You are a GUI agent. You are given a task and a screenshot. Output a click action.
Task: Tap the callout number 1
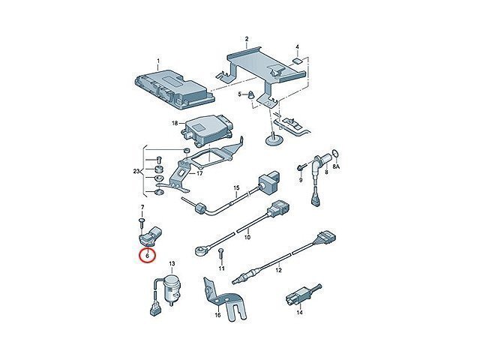[x=158, y=61]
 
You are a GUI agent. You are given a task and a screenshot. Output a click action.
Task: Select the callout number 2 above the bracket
[x=247, y=39]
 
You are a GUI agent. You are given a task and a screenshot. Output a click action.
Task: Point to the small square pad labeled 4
[x=297, y=60]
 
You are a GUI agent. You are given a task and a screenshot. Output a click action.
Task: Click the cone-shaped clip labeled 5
[x=251, y=94]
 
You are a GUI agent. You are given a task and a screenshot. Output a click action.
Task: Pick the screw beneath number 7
[x=142, y=223]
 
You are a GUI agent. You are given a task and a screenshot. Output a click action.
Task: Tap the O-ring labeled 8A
[x=335, y=154]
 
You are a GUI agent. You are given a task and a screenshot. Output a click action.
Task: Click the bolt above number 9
[x=301, y=167]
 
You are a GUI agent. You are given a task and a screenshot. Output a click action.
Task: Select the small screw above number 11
[x=221, y=255]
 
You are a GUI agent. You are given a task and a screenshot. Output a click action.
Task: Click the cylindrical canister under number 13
[x=172, y=288]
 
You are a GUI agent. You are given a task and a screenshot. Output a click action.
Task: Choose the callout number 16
[x=217, y=315]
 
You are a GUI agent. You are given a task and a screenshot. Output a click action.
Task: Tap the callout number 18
[x=175, y=123]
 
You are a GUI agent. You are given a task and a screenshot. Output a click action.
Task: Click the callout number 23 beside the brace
[x=136, y=172]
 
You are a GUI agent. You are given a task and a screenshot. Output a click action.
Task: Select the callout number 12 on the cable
[x=278, y=270]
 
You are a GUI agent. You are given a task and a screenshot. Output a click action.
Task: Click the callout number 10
[x=247, y=237]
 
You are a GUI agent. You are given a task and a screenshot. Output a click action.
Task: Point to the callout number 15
[x=236, y=187]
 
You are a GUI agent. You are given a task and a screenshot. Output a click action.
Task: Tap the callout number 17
[x=199, y=173]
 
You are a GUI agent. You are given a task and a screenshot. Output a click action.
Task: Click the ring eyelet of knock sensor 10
[x=200, y=250]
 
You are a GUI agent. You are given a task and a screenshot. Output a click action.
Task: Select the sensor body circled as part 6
[x=150, y=236]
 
